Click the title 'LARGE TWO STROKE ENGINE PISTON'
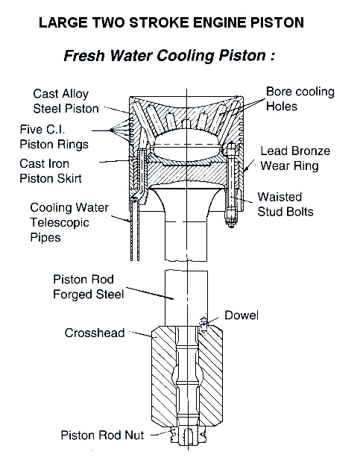coord(171,22)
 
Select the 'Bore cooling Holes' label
coord(298,99)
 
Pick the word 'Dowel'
coord(242,315)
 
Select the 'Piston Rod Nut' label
coord(101,434)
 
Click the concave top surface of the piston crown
coord(187,107)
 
